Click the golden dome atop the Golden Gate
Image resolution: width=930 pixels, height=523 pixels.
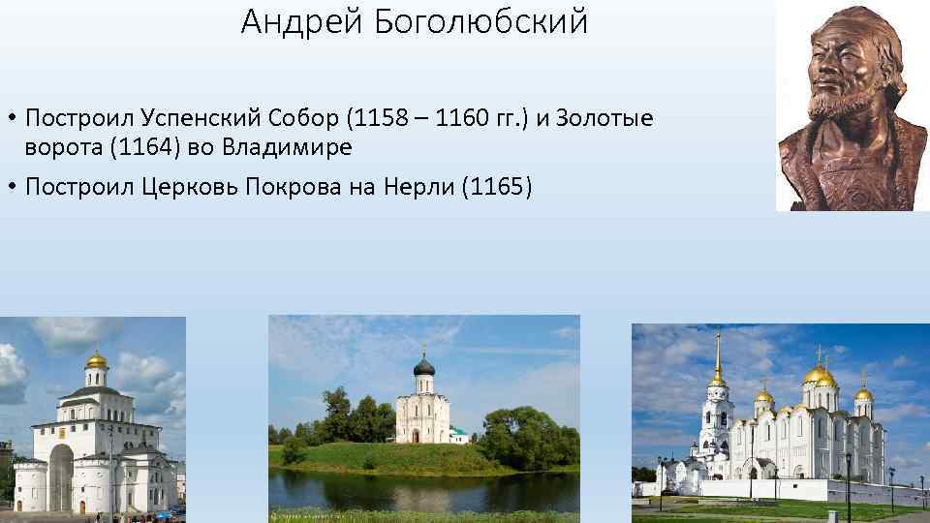[x=96, y=361]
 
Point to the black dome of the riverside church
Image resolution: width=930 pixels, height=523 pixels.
[x=423, y=366]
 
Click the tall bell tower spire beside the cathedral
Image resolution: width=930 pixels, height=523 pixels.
[x=718, y=354]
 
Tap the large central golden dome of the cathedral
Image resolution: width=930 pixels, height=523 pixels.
[x=820, y=374]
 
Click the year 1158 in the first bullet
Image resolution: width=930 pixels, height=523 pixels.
[x=374, y=118]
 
